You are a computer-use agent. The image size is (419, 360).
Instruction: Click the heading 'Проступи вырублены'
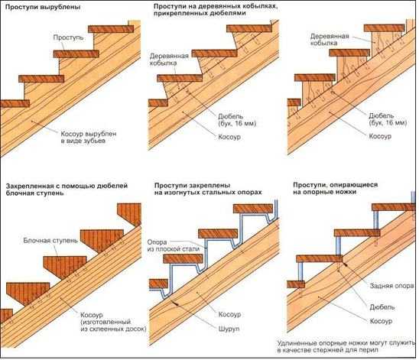click(x=43, y=7)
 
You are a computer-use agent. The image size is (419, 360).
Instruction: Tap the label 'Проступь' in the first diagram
click(x=68, y=37)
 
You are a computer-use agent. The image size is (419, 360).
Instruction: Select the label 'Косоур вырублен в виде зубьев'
click(x=89, y=138)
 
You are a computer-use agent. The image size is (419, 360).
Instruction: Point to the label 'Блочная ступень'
click(x=50, y=241)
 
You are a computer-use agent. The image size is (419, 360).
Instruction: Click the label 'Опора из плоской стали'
click(x=174, y=245)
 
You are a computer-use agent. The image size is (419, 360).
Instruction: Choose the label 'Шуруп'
click(x=229, y=329)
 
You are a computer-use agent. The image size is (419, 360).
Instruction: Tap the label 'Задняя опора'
click(x=391, y=286)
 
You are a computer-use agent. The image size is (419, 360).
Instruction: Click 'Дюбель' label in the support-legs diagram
click(x=382, y=306)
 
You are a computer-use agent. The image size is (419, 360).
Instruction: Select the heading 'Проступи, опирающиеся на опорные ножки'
click(x=336, y=188)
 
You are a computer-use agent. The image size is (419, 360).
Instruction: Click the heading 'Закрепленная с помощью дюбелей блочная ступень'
click(x=67, y=189)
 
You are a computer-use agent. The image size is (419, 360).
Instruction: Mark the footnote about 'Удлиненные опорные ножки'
click(x=346, y=346)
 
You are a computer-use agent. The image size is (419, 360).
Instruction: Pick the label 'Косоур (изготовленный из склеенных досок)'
click(x=113, y=322)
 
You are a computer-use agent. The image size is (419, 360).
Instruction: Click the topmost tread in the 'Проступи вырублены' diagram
click(x=111, y=29)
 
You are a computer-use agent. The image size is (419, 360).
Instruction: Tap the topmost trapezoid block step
click(x=129, y=215)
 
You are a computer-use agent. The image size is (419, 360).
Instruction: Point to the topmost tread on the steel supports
click(x=253, y=209)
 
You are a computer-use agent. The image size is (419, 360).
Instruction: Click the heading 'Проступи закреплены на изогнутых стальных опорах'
click(x=208, y=189)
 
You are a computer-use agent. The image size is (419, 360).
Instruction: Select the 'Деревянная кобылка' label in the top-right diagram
click(x=330, y=40)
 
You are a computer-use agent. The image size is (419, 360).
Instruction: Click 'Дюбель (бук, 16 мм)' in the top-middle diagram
click(x=237, y=120)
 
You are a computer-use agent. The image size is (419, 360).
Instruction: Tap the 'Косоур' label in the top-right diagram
click(x=380, y=136)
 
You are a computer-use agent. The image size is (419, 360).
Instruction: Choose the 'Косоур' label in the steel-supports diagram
click(x=229, y=314)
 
